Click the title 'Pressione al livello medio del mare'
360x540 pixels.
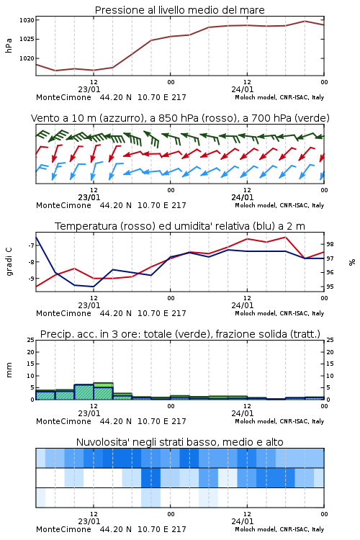tap(179, 10)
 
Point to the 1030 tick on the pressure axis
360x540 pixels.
tap(27, 20)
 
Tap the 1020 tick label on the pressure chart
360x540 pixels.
tap(27, 58)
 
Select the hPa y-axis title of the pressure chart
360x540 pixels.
tap(9, 45)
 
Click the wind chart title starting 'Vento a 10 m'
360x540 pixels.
tap(180, 118)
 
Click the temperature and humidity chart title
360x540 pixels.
tap(180, 226)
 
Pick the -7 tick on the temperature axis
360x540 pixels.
tap(30, 246)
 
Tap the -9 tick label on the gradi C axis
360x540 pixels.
tap(30, 278)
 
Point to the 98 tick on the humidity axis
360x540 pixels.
tap(330, 244)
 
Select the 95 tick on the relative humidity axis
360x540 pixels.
tap(330, 287)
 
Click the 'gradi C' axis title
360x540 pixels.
tap(9, 261)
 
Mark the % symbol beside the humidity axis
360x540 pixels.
tap(352, 262)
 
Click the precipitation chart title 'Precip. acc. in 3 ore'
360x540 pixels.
tap(180, 334)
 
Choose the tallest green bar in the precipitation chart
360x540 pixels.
tap(104, 391)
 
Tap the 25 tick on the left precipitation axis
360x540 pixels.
tap(31, 340)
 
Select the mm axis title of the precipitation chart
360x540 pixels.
tap(9, 370)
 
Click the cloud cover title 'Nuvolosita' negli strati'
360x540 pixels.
tap(179, 442)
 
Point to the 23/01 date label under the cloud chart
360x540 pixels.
tap(89, 521)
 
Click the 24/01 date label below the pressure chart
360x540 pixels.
tap(243, 89)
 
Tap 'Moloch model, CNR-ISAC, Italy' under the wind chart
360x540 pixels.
tap(279, 205)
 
